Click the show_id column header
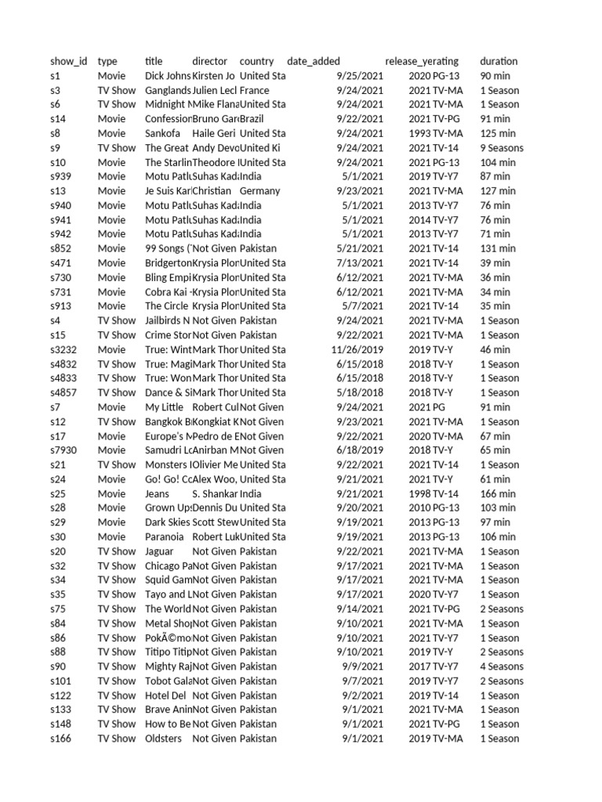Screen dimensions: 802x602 69,61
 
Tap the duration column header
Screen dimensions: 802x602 499,61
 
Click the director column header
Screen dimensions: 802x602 209,61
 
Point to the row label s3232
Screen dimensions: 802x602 64,349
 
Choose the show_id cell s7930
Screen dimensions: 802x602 64,450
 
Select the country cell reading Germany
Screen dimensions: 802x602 259,191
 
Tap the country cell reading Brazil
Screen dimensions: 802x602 252,119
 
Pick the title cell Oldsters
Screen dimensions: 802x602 163,739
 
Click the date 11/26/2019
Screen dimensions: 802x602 357,349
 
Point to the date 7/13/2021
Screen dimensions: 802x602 360,263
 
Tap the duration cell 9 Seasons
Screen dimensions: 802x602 502,148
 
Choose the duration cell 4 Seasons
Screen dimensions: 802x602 502,667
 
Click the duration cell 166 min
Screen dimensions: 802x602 498,493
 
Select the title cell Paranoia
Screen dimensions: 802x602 165,536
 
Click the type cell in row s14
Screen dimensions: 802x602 111,119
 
